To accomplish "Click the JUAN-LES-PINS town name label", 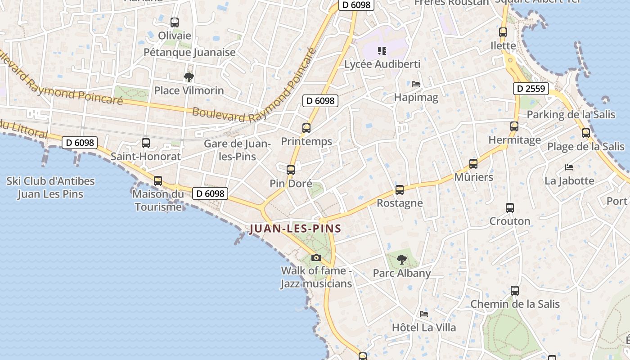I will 295,228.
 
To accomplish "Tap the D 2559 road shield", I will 531,89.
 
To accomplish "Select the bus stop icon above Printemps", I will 306,128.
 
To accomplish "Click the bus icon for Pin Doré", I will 291,170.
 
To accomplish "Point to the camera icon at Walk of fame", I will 316,257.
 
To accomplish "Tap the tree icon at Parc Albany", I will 401,259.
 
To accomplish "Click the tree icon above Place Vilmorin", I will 189,77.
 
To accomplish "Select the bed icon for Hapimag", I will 416,84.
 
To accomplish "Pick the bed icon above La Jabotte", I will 569,167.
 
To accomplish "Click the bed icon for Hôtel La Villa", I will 423,314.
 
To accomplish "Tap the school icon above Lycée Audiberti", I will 382,50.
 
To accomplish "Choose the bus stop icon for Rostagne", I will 400,190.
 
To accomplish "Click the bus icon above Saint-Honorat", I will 146,143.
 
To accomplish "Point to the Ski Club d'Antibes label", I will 50,188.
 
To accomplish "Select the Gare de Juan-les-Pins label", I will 237,150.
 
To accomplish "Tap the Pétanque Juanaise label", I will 189,52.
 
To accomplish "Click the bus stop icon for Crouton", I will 510,208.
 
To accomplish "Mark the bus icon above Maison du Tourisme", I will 158,181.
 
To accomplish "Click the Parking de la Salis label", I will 571,114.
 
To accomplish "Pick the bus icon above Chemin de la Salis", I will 515,291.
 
